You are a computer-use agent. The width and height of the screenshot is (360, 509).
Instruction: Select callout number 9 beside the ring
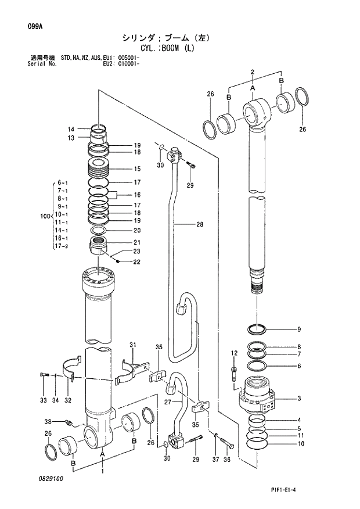coord(299,329)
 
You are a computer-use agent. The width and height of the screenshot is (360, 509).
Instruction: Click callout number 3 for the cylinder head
coord(299,398)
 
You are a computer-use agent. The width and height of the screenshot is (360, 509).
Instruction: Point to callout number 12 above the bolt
coord(234,353)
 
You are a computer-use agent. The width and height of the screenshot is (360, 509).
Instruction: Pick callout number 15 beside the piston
coord(138,169)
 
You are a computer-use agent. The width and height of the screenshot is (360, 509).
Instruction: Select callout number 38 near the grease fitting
coord(48,421)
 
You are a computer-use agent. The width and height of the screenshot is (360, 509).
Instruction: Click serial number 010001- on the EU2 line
coord(129,64)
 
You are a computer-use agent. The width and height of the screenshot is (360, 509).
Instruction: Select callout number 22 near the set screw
coord(137,261)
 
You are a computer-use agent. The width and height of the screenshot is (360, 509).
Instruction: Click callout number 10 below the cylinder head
coord(299,444)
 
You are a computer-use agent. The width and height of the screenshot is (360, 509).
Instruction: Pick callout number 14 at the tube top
coord(71,130)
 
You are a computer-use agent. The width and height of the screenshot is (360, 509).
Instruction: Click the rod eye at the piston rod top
coord(255,110)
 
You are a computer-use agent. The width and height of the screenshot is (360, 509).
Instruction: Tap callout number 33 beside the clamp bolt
coord(43,400)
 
